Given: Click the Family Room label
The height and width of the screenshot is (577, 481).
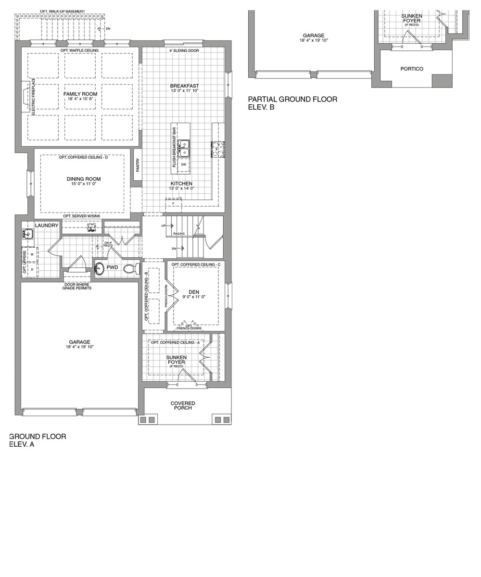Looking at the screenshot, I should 80,94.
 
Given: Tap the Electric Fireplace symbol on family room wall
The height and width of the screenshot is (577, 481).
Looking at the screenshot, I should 25,96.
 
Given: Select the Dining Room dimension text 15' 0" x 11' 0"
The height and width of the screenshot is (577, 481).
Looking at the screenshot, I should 84,184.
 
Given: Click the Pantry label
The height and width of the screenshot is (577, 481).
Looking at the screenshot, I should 138,165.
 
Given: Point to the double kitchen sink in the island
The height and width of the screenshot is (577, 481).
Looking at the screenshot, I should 184,149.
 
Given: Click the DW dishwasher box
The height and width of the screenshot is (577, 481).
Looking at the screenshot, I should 183,165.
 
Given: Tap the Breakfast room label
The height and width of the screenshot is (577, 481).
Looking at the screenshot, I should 184,86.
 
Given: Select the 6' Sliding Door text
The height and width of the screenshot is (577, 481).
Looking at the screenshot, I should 184,50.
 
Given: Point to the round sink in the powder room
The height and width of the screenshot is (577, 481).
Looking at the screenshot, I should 100,268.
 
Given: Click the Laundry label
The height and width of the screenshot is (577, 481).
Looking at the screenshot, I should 47,225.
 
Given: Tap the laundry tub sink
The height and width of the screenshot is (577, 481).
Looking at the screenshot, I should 27,234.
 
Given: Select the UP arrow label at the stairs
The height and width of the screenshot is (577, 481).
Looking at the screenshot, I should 164,226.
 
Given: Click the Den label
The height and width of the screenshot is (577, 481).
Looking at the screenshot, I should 194,292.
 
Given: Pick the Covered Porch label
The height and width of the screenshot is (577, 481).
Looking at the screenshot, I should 183,405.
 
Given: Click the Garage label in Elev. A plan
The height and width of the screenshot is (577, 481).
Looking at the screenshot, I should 79,342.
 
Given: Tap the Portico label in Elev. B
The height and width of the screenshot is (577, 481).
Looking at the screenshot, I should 412,69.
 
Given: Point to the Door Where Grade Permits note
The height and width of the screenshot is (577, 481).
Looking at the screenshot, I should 77,286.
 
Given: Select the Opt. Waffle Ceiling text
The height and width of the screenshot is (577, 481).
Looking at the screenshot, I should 79,50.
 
